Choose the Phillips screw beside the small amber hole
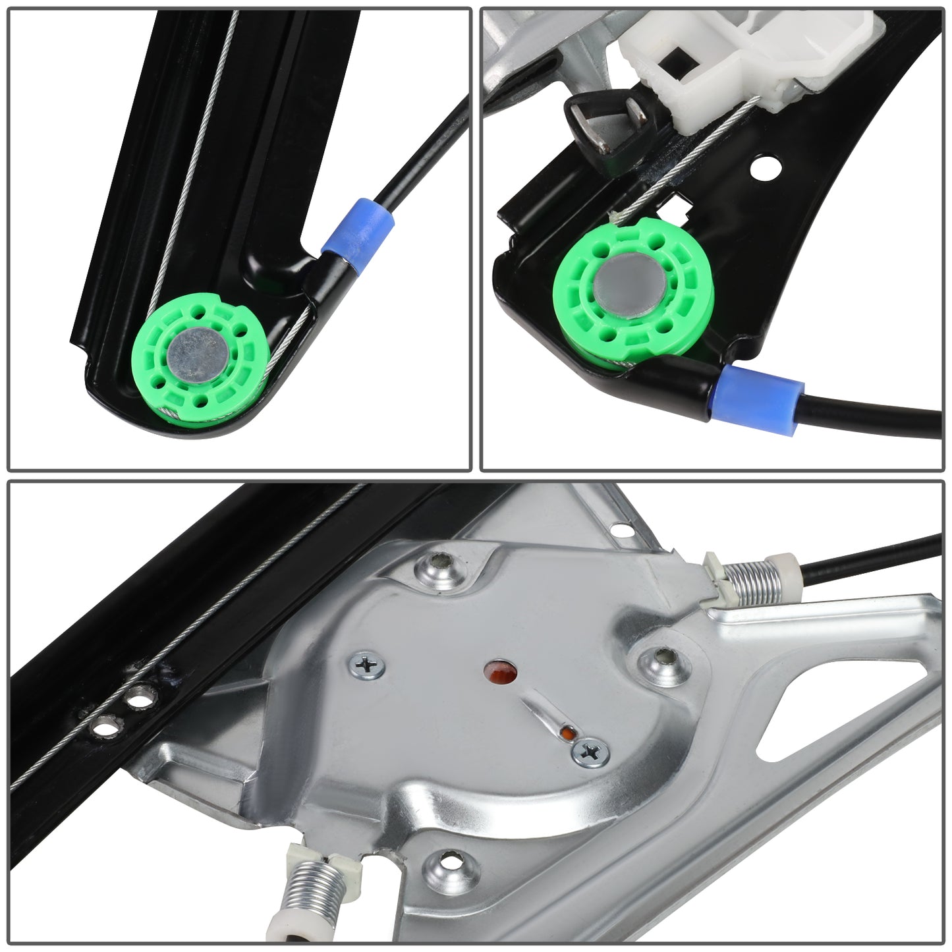pos(591,751)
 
